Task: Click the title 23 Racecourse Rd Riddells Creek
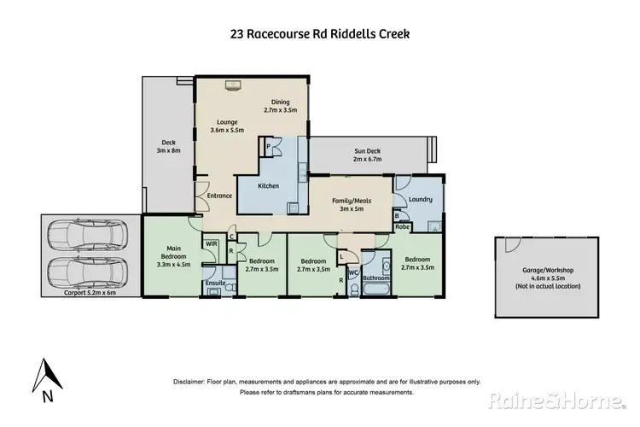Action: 319,35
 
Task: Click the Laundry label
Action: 421,200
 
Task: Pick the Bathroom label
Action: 375,278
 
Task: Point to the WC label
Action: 352,273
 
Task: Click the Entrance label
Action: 219,196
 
